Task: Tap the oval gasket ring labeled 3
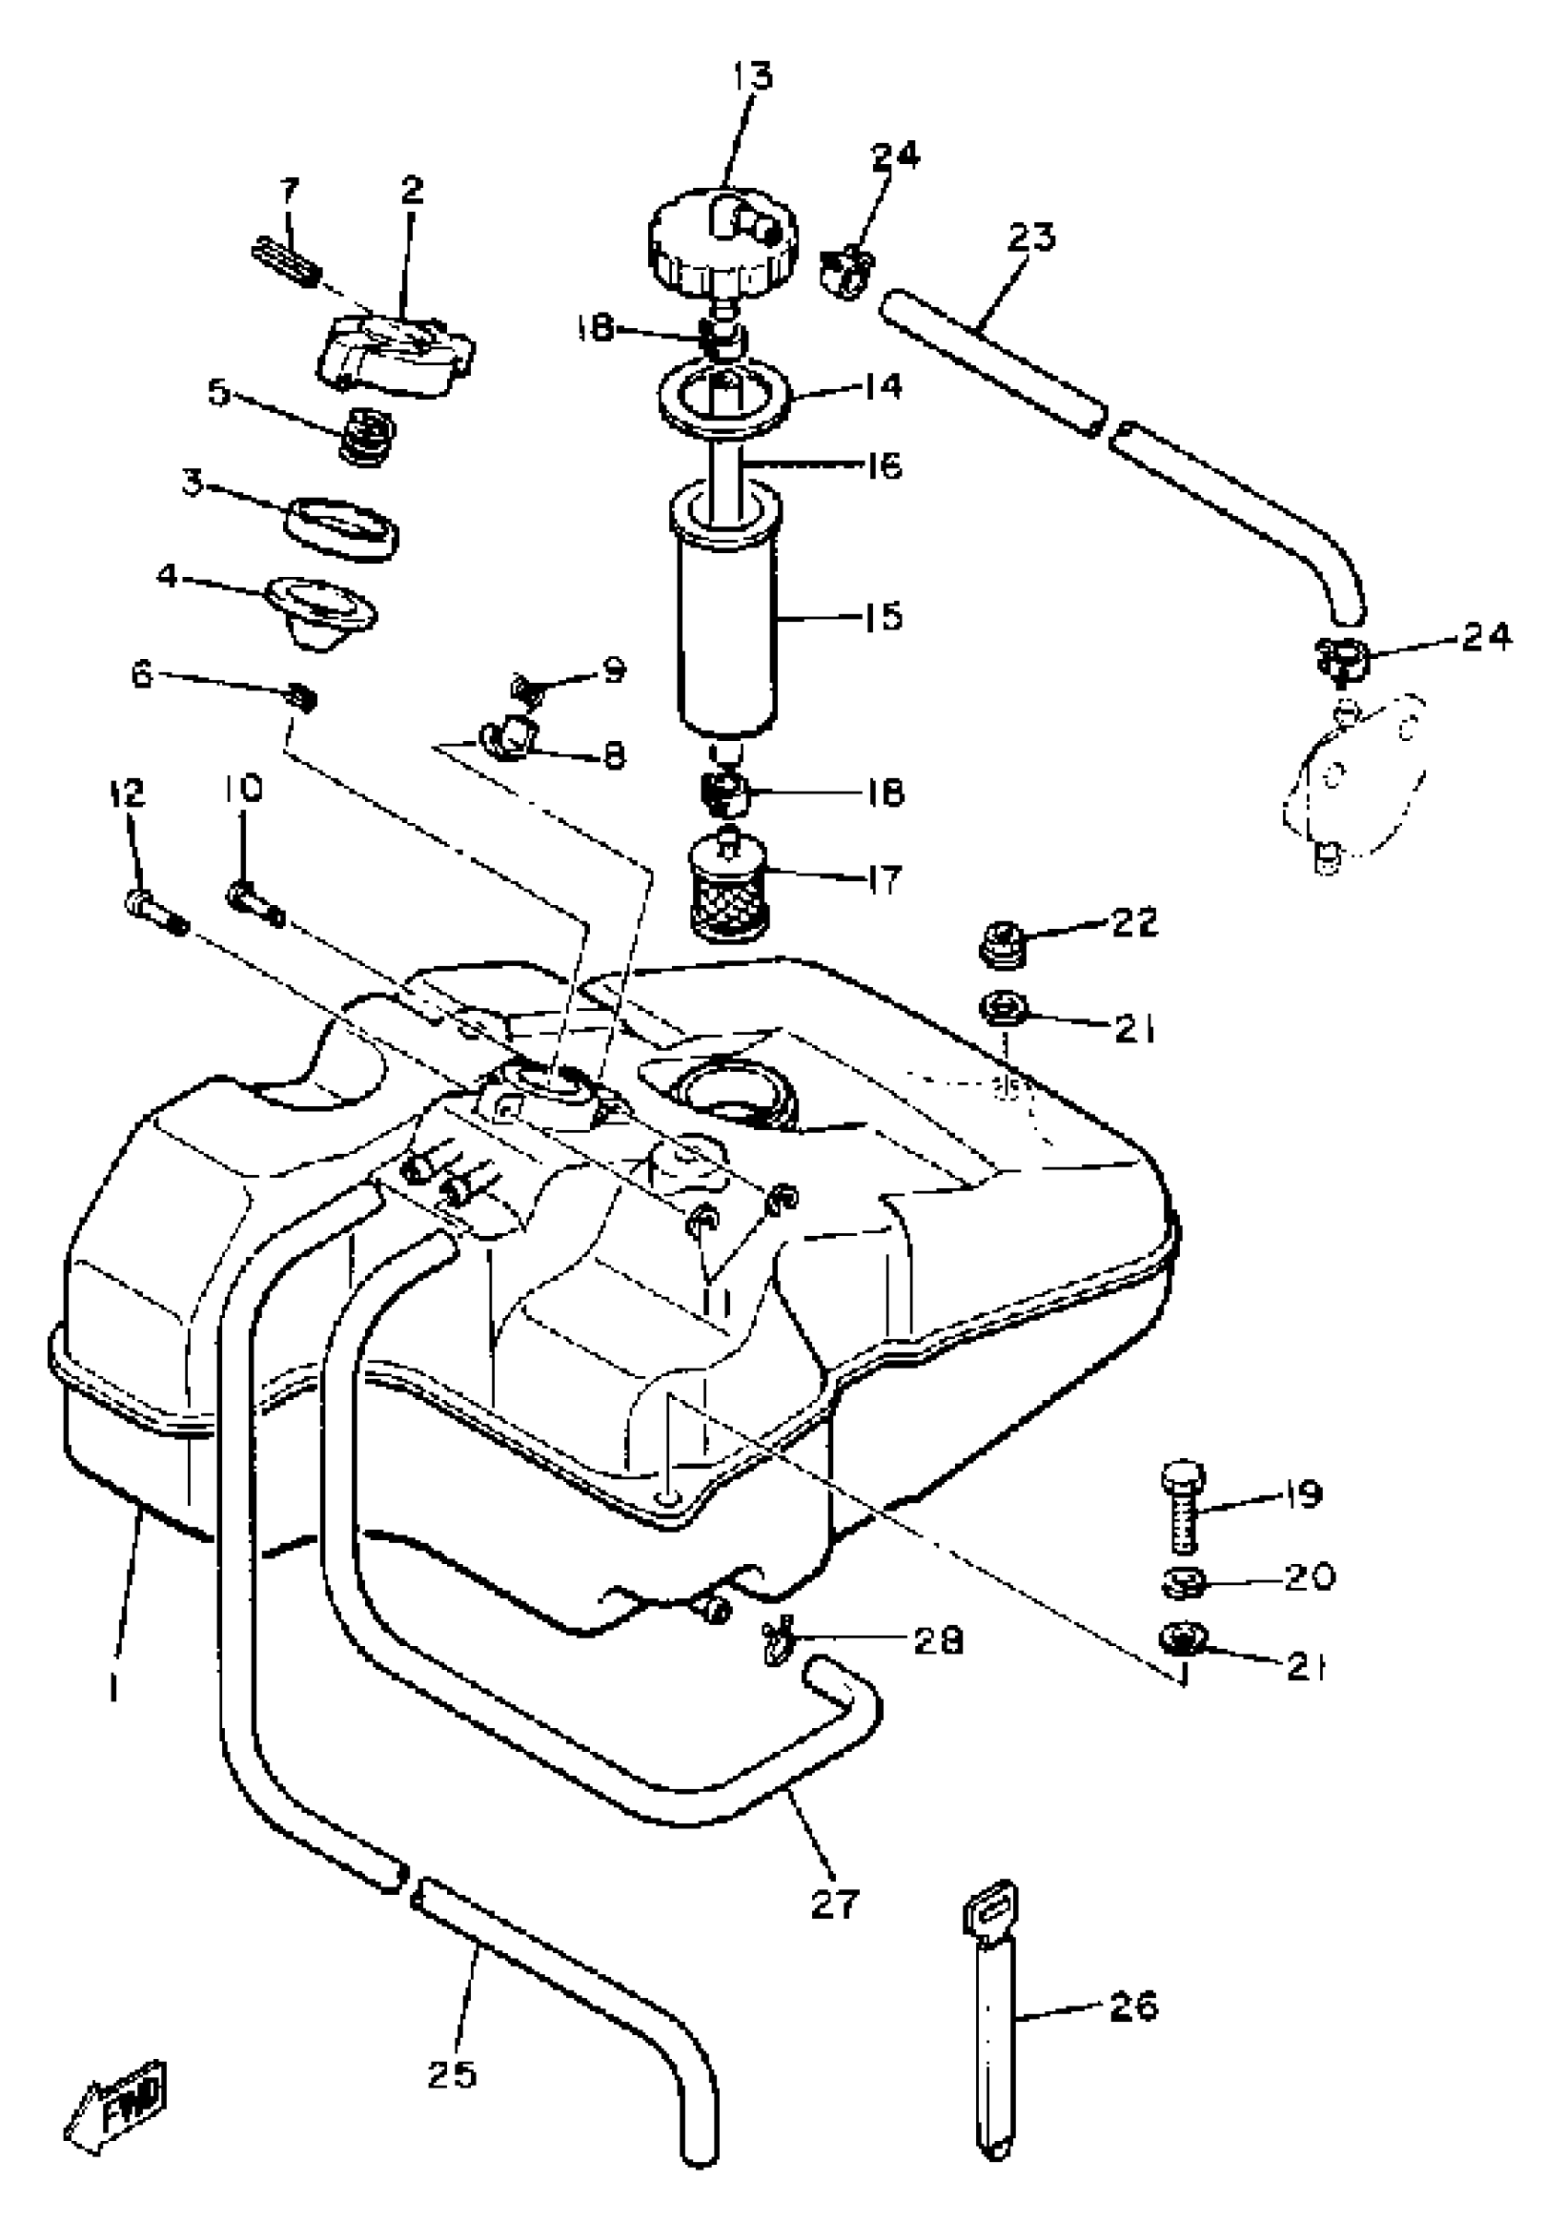click(345, 529)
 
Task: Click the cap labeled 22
click(996, 943)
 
